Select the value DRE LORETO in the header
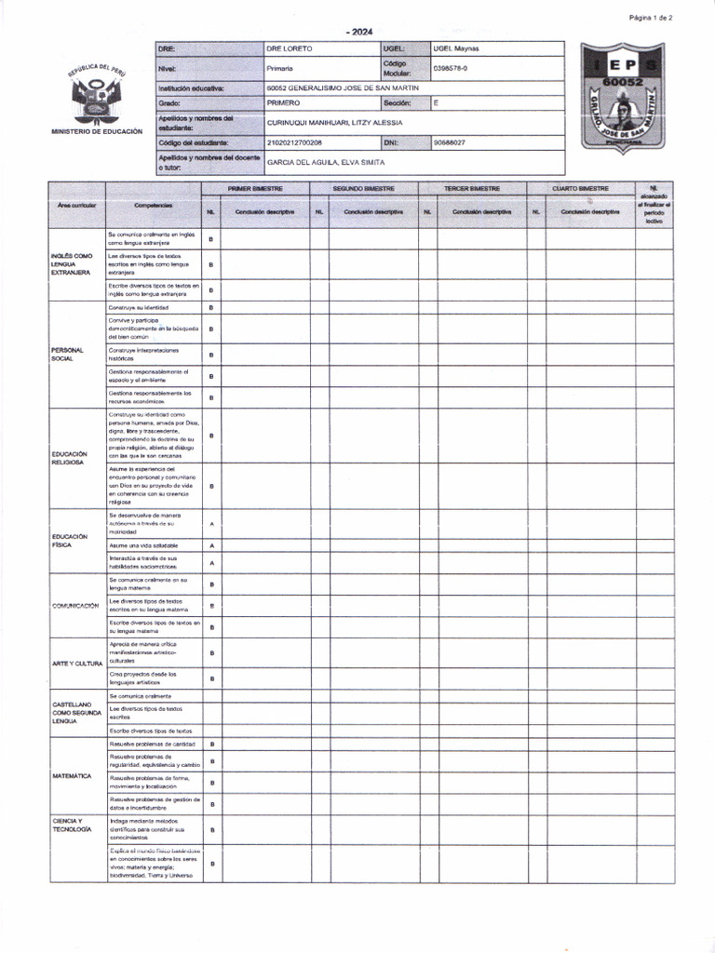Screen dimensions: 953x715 pyautogui.click(x=290, y=48)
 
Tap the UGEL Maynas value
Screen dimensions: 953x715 pyautogui.click(x=456, y=48)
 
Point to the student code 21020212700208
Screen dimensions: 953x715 pyautogui.click(x=294, y=142)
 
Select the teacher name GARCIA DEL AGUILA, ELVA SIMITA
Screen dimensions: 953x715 pyautogui.click(x=319, y=162)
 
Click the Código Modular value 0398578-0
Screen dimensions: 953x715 pyautogui.click(x=452, y=68)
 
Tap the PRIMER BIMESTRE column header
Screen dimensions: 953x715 pyautogui.click(x=256, y=189)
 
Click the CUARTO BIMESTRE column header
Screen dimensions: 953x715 pyautogui.click(x=580, y=189)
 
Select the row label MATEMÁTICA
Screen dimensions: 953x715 pyautogui.click(x=72, y=775)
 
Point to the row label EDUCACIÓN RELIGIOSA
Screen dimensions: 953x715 pyautogui.click(x=69, y=458)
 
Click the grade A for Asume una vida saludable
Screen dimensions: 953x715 pyautogui.click(x=211, y=545)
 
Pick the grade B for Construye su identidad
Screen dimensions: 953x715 pyautogui.click(x=211, y=307)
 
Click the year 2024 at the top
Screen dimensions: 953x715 pyautogui.click(x=358, y=32)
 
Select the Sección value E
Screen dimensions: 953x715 pyautogui.click(x=437, y=103)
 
